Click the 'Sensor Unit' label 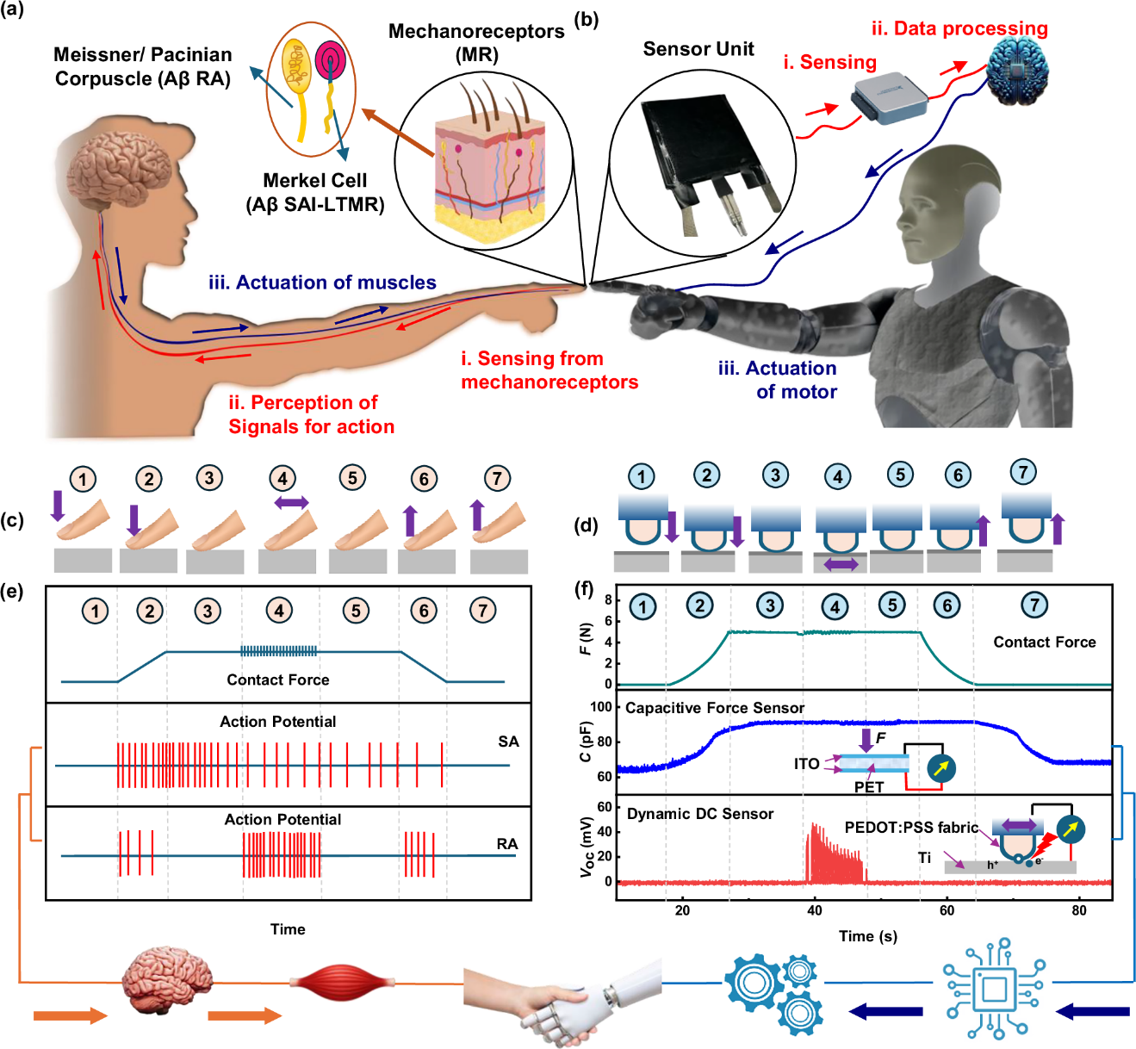698,49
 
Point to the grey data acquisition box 890,98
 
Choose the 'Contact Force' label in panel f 1044,642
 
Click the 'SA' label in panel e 508,742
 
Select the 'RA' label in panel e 507,844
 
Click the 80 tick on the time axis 1078,910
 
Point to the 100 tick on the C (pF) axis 601,707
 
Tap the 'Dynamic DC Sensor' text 699,814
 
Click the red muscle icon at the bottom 342,982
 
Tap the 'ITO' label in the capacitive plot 806,764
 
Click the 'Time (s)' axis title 868,936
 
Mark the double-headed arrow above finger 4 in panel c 290,503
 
